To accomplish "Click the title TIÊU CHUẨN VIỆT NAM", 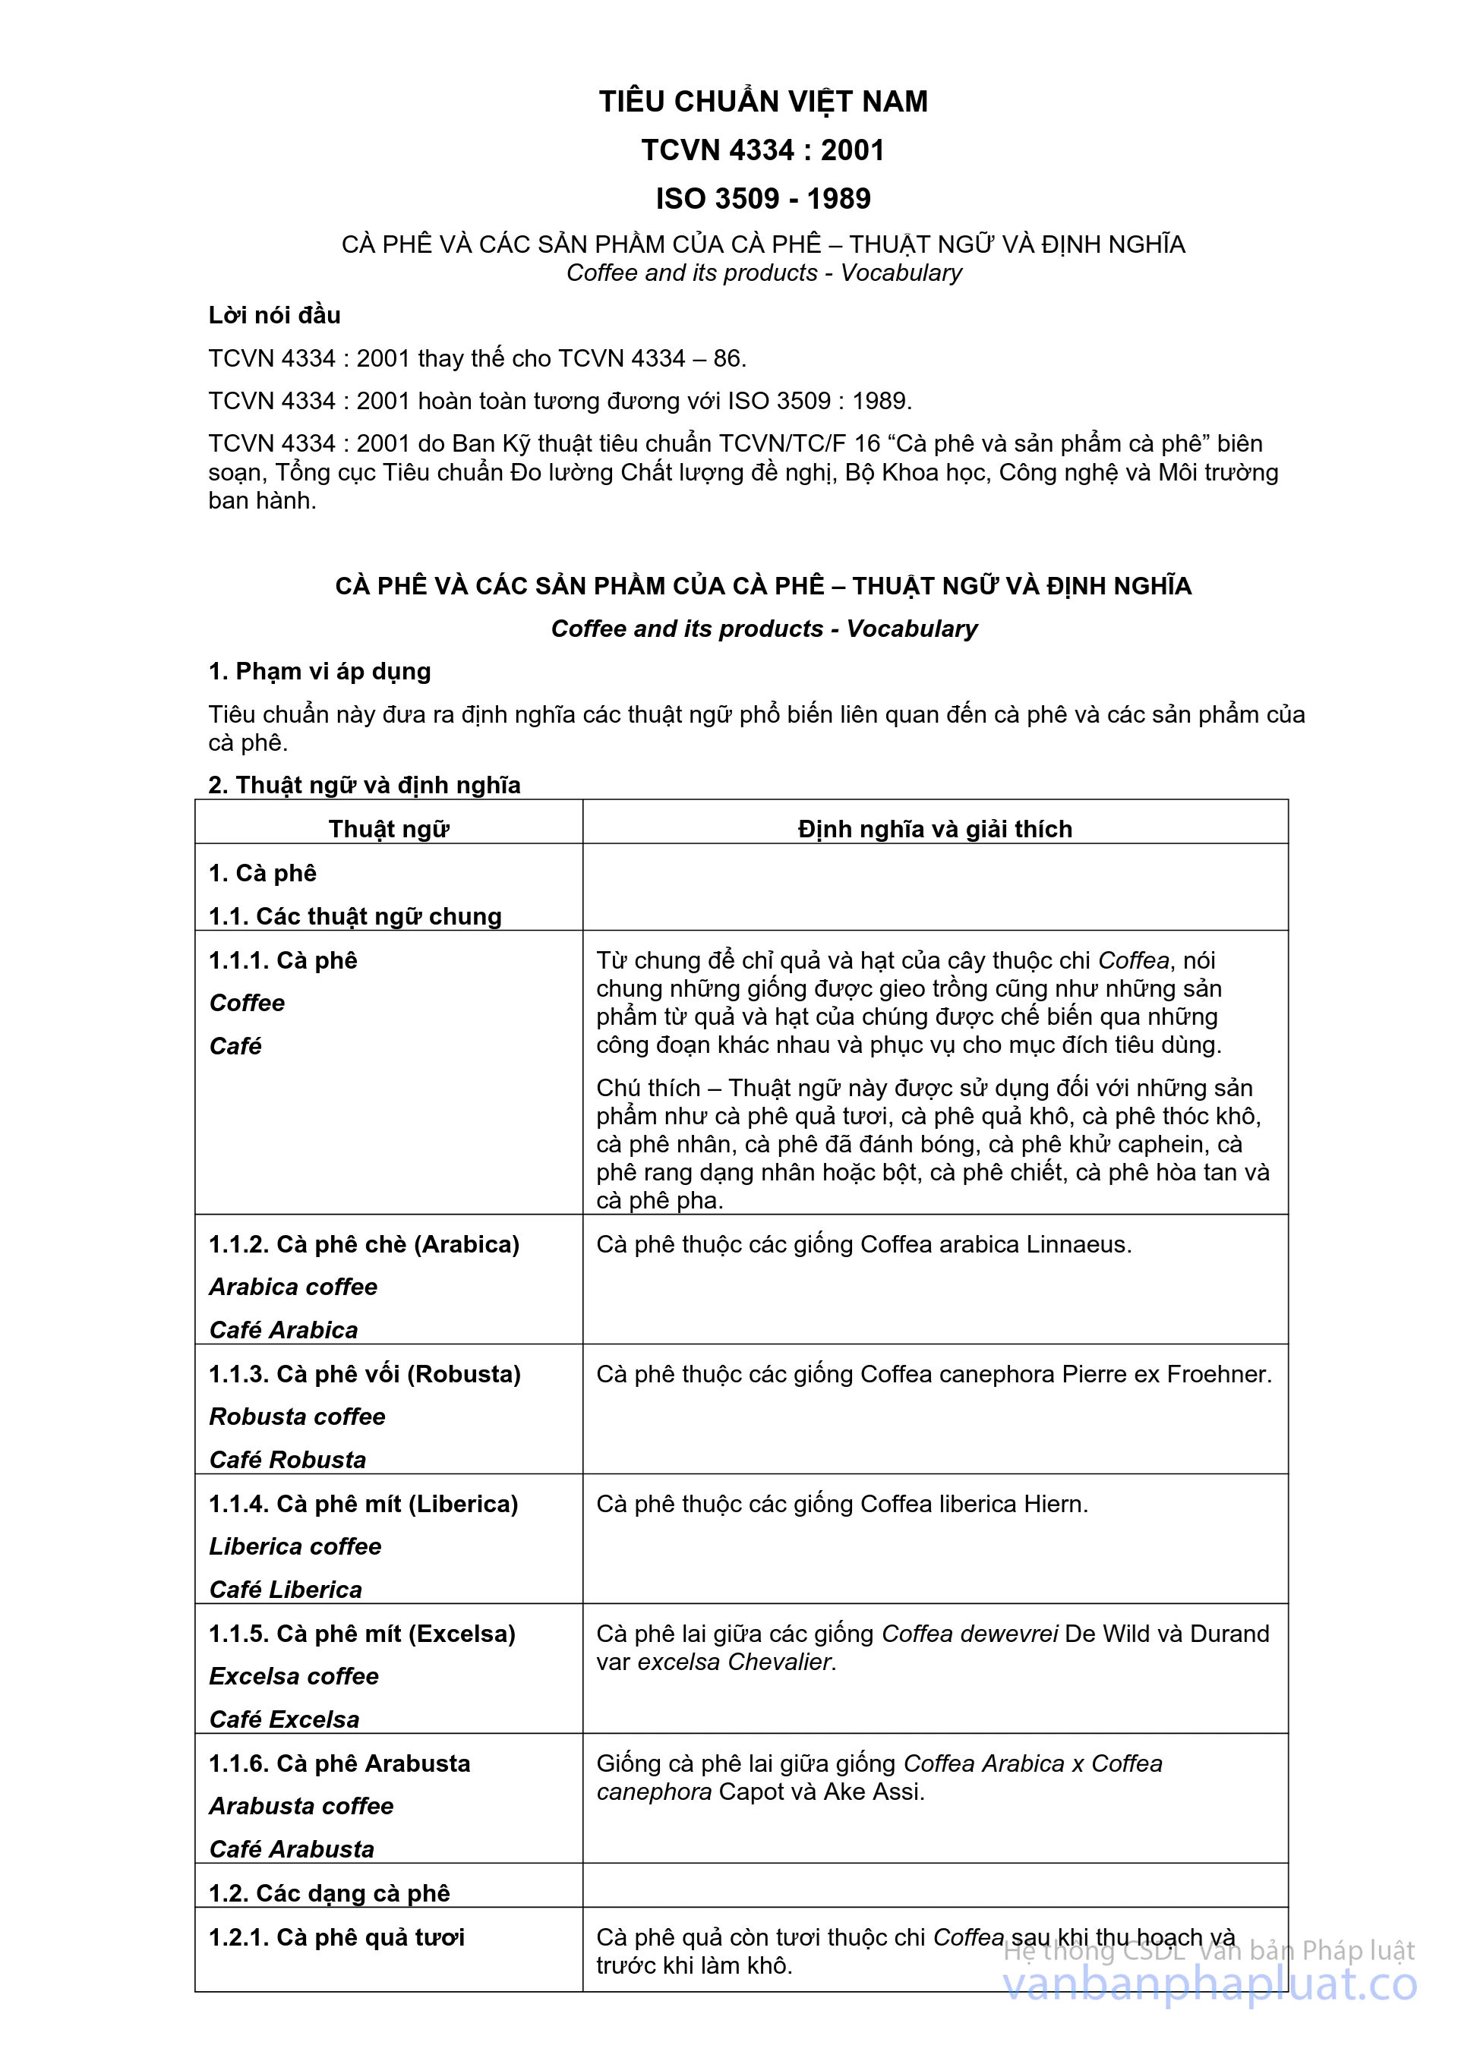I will point(763,102).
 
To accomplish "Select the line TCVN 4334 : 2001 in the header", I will point(763,150).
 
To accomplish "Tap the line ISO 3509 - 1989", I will point(763,198).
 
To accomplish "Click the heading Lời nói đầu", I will point(274,315).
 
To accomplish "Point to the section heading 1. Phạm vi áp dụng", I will point(320,672).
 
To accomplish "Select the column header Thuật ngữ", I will point(389,828).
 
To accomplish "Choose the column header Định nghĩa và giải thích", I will point(935,828).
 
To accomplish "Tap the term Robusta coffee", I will point(297,1417).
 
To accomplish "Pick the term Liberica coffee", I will point(295,1546).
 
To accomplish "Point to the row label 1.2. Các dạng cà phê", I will point(329,1893).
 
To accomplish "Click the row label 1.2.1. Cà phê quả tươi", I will point(336,1937).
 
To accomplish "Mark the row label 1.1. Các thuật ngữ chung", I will point(355,915).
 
